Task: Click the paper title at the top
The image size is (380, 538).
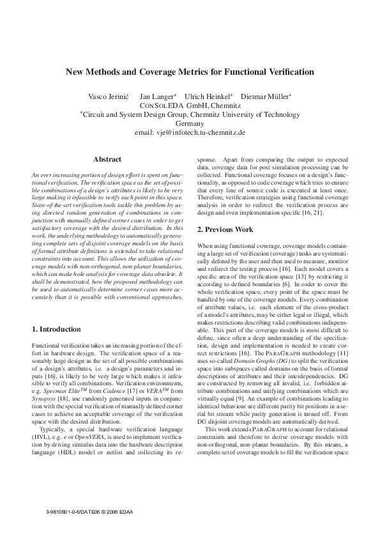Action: (x=190, y=72)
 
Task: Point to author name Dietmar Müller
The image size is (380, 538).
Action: (x=267, y=96)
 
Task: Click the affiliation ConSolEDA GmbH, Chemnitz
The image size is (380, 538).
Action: (x=190, y=105)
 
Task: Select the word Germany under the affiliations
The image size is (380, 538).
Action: (x=189, y=123)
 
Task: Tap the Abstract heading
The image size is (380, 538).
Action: (x=107, y=158)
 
